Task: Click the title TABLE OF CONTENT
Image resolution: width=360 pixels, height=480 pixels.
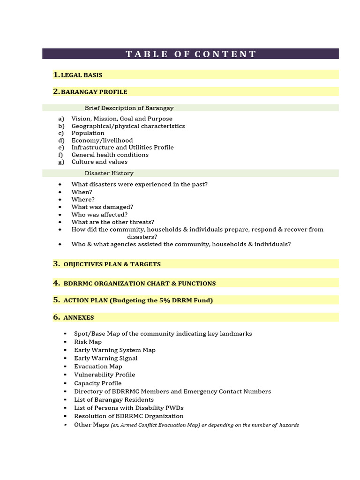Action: [191, 54]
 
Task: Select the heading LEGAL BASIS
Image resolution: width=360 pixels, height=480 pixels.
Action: [82, 75]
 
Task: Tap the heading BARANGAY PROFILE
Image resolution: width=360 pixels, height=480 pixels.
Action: [94, 92]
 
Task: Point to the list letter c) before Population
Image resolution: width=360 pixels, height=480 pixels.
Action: [61, 133]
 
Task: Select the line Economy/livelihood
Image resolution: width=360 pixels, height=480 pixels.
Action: [102, 140]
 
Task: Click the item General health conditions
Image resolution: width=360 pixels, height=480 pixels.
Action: [110, 155]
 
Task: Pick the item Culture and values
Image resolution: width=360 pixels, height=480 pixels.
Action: [99, 162]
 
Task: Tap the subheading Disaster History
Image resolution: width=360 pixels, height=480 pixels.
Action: [109, 173]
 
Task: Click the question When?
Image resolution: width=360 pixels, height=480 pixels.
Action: [82, 192]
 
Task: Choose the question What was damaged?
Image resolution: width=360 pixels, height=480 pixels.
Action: [102, 207]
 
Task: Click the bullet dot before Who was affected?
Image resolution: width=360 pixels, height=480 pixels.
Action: [60, 215]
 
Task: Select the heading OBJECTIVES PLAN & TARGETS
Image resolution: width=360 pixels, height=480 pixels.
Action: [112, 264]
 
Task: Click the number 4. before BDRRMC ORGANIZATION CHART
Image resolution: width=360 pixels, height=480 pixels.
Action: [57, 283]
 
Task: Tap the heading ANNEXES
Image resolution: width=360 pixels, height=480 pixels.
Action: [79, 318]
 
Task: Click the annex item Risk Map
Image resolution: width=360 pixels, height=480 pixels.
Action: [88, 342]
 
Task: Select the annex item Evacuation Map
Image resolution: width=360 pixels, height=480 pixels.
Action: [98, 367]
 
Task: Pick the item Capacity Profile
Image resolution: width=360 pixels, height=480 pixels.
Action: [97, 383]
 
